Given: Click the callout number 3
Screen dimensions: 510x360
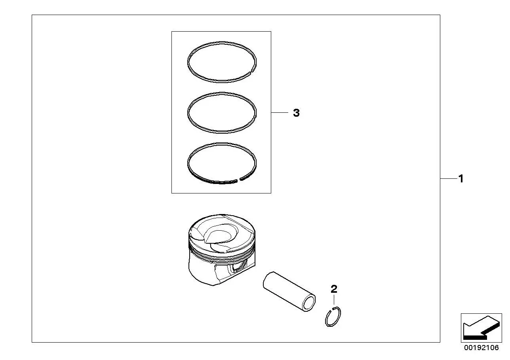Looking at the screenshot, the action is [296, 113].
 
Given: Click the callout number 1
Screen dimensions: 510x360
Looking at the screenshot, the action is [461, 179].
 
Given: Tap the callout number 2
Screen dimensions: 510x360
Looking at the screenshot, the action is [334, 289].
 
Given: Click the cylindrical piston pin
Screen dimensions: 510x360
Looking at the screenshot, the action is [289, 291].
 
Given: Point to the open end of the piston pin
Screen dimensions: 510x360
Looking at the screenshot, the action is [308, 303].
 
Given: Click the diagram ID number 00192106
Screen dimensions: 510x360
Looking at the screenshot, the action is [481, 348].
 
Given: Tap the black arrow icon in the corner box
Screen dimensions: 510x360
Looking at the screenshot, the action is [481, 328].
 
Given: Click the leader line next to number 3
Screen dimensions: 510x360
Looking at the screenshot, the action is [280, 113].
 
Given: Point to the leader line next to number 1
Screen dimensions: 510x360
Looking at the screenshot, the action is [449, 179].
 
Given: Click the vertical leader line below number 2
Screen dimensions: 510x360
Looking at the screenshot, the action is [334, 299].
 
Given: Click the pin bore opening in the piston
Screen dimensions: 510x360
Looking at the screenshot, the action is [239, 267].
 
